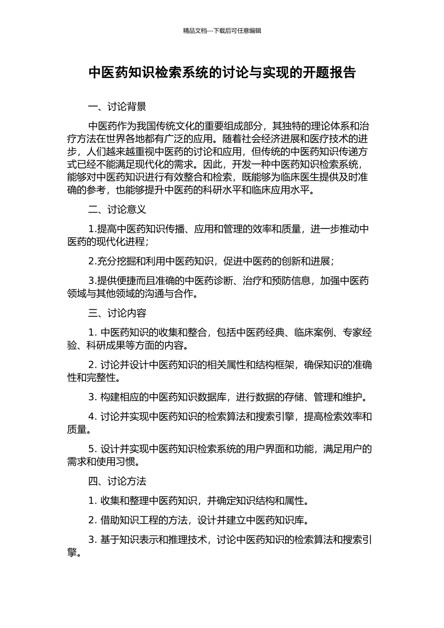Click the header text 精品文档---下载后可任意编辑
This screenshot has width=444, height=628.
[222, 31]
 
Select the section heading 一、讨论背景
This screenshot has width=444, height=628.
[117, 107]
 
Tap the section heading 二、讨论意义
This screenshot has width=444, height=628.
[117, 210]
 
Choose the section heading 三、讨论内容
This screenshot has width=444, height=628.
[117, 313]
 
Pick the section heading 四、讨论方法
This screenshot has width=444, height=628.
[117, 481]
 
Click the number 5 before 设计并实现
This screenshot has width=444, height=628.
[92, 449]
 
